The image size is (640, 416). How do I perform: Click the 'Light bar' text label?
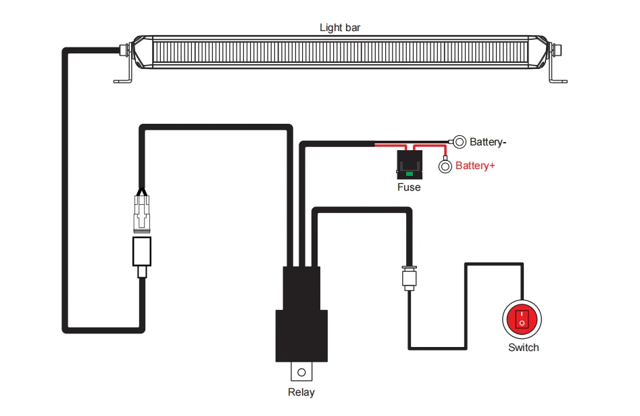(x=340, y=28)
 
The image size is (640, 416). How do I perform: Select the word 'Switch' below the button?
(x=523, y=348)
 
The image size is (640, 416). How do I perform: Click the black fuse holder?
(x=409, y=165)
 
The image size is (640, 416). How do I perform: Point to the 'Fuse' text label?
(x=409, y=187)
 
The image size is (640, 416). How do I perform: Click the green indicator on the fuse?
(x=409, y=175)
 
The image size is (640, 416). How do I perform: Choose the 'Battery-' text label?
(x=487, y=142)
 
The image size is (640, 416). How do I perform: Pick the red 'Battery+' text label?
(x=475, y=165)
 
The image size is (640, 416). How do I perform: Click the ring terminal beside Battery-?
(x=460, y=141)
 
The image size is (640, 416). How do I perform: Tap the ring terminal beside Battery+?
(x=445, y=166)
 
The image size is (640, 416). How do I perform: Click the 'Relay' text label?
(x=301, y=392)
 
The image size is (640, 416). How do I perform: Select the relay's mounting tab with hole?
(x=301, y=371)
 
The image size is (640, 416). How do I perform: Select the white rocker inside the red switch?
(x=522, y=319)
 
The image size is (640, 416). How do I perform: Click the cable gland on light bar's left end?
(x=124, y=49)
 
